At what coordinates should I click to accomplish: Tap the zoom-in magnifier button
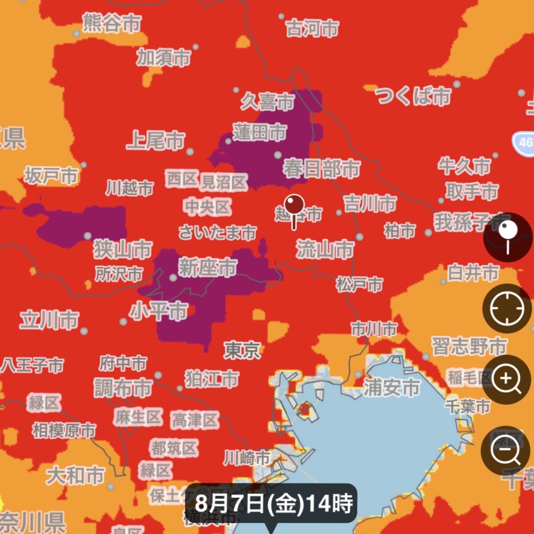pos(507,379)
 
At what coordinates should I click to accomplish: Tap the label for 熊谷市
pos(112,23)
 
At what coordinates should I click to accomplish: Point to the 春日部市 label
pos(321,169)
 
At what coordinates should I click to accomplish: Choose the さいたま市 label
pos(218,232)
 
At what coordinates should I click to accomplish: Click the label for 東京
pos(242,350)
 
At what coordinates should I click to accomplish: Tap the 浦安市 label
pos(392,387)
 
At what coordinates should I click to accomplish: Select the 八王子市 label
pos(32,365)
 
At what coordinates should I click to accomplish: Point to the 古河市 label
pos(312,29)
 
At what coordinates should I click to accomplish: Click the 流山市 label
pos(325,249)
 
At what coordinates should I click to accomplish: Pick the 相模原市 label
pos(64,430)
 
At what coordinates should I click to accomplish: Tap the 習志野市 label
pos(469,346)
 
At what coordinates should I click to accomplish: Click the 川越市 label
pos(129,188)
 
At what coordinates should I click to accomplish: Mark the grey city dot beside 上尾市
pos(190,152)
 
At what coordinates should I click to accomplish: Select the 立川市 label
pos(49,320)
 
